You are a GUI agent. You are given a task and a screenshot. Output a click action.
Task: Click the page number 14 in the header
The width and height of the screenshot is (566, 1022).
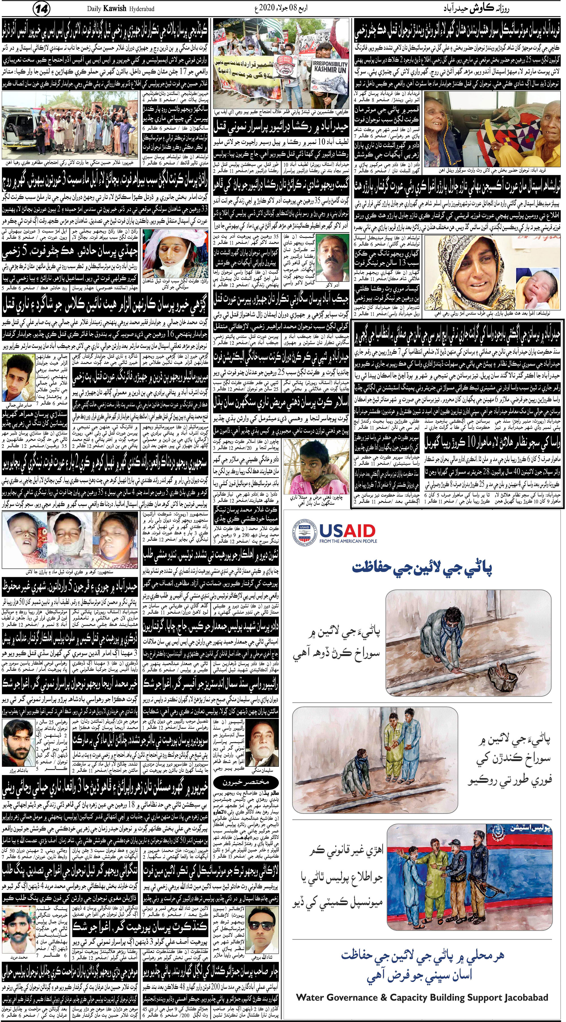42,8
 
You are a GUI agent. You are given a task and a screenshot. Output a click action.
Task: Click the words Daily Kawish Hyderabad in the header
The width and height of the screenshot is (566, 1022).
118,8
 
